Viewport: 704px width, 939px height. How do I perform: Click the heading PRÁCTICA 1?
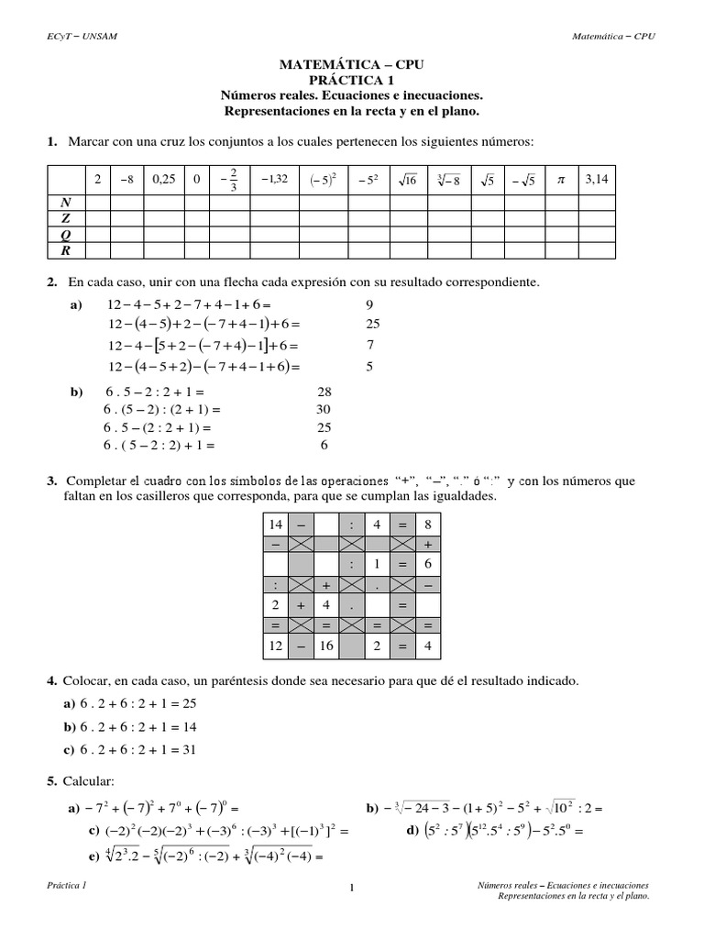pyautogui.click(x=351, y=80)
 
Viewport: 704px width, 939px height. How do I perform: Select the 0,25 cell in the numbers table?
pyautogui.click(x=162, y=180)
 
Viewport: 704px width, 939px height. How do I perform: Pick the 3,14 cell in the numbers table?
pyautogui.click(x=597, y=180)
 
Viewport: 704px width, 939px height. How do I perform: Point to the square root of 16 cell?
pyautogui.click(x=406, y=180)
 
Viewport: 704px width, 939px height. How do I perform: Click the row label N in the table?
pyautogui.click(x=64, y=201)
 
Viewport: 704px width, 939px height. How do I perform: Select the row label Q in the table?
pyautogui.click(x=64, y=234)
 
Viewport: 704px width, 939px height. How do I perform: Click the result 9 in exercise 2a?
pyautogui.click(x=370, y=304)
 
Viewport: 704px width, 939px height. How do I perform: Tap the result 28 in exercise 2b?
pyautogui.click(x=324, y=391)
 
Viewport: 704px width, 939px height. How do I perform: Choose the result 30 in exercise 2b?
pyautogui.click(x=324, y=409)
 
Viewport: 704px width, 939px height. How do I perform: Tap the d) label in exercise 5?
pyautogui.click(x=411, y=830)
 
